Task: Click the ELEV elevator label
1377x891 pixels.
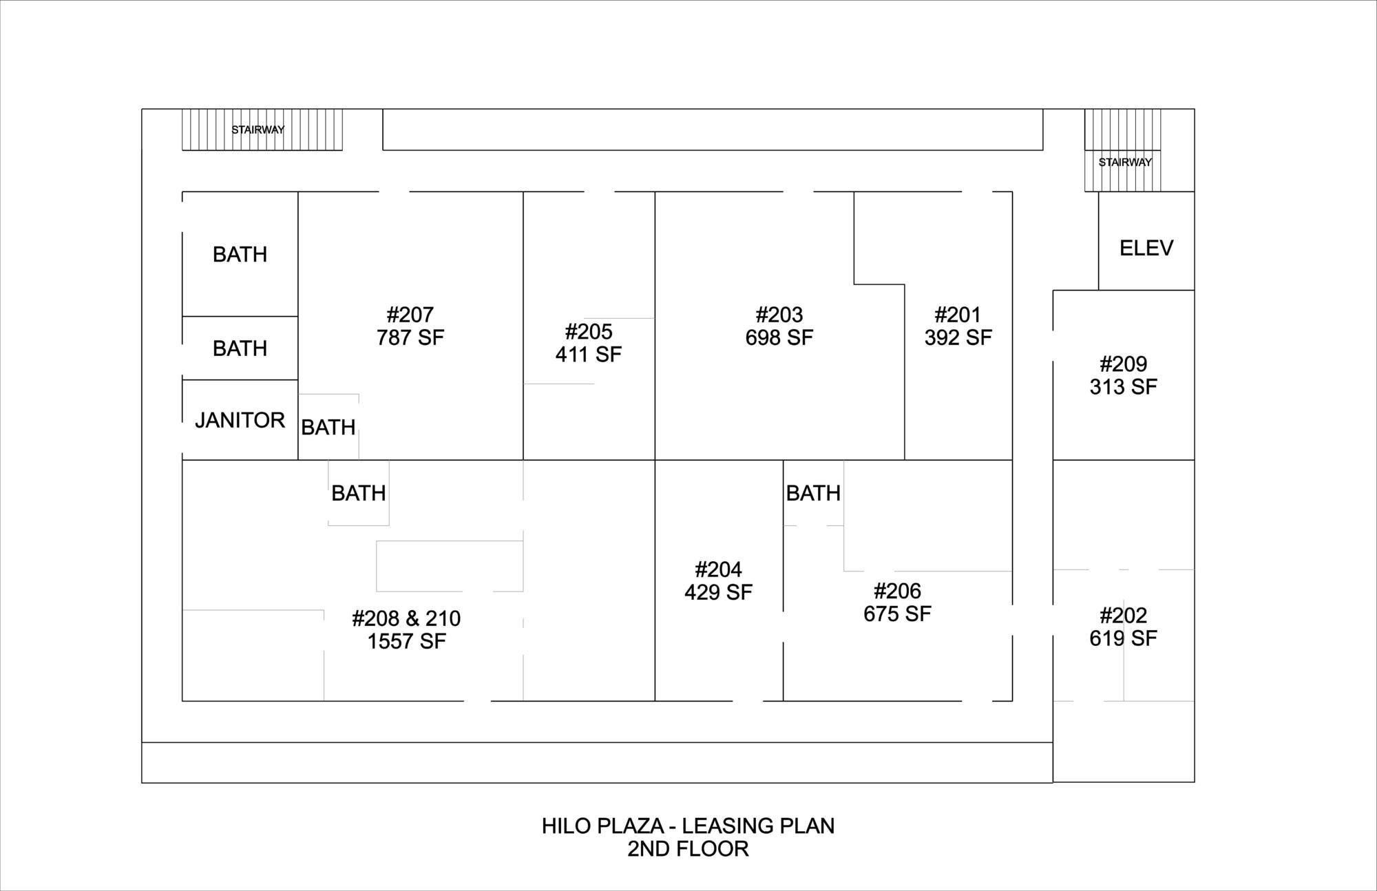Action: pyautogui.click(x=1146, y=248)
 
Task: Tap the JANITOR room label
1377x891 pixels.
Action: pyautogui.click(x=240, y=420)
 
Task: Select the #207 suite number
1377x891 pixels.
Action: pyautogui.click(x=410, y=315)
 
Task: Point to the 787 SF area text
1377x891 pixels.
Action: pyautogui.click(x=410, y=337)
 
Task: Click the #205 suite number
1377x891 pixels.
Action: pyautogui.click(x=589, y=332)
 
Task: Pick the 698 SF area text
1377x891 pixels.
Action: pyautogui.click(x=779, y=337)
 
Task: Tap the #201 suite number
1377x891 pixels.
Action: pyautogui.click(x=958, y=315)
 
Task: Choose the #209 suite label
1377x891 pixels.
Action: pyautogui.click(x=1123, y=364)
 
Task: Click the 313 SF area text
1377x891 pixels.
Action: pyautogui.click(x=1123, y=386)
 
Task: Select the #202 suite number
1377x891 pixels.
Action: pyautogui.click(x=1123, y=615)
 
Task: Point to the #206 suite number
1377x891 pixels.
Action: pyautogui.click(x=897, y=591)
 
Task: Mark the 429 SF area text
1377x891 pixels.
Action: pyautogui.click(x=718, y=592)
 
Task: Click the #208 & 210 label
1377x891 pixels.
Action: pyautogui.click(x=406, y=618)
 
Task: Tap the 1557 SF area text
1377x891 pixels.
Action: pyautogui.click(x=406, y=641)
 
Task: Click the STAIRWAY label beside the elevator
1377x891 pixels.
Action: pyautogui.click(x=1125, y=163)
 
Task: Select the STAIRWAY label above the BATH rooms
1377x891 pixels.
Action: pyautogui.click(x=257, y=129)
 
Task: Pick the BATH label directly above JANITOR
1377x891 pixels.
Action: pyautogui.click(x=240, y=348)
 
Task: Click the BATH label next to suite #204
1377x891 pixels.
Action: pyautogui.click(x=813, y=493)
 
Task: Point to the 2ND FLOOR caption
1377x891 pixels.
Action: pyautogui.click(x=688, y=848)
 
